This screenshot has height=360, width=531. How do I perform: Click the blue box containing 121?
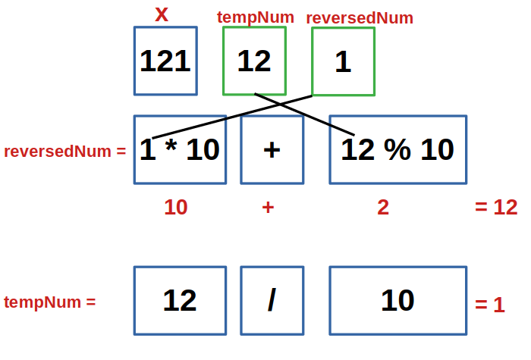point(165,61)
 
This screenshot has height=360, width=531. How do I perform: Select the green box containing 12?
point(254,61)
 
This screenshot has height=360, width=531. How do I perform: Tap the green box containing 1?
point(343,61)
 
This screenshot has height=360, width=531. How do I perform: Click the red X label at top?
point(161,14)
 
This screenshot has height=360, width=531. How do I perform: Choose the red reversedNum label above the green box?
point(360,17)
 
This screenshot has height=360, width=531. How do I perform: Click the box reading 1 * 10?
point(180,149)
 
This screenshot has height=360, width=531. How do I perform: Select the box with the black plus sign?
point(272,149)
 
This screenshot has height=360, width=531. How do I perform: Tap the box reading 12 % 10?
point(397,149)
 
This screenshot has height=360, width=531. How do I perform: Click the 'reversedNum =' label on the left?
point(64,151)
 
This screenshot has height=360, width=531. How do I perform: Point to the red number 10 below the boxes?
point(176,207)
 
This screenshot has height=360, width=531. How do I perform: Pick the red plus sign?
point(268,207)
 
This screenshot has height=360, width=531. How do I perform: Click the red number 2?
point(383,207)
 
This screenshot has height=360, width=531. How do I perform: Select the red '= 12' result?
point(496,207)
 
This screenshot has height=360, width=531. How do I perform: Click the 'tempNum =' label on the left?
point(49,302)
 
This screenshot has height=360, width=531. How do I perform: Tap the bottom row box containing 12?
point(180,301)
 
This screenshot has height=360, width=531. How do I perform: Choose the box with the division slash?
point(272,301)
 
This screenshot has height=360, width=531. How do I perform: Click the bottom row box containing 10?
point(397,301)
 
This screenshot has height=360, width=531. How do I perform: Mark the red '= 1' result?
point(489,305)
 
